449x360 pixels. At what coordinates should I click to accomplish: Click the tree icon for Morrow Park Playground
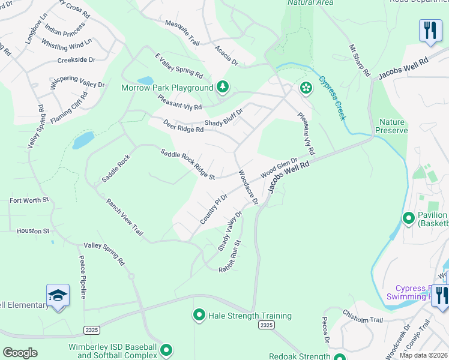(223, 88)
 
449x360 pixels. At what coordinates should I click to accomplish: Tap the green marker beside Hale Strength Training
(199, 315)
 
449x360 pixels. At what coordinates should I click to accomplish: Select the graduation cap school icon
(58, 295)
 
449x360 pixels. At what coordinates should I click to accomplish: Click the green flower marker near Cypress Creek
(306, 88)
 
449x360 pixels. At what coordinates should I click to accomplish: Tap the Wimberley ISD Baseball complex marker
(166, 350)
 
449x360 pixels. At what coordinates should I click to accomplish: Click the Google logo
(20, 353)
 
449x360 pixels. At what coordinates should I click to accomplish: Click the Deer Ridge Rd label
(183, 126)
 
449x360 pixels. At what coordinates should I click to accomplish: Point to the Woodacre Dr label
(247, 188)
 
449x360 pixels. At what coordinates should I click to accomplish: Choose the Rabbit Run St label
(230, 257)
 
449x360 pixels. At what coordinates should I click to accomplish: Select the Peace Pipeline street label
(83, 277)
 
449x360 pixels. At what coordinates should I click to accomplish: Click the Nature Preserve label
(391, 126)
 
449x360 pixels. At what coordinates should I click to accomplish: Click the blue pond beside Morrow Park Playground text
(145, 80)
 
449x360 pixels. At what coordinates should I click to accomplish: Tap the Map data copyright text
(423, 355)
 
